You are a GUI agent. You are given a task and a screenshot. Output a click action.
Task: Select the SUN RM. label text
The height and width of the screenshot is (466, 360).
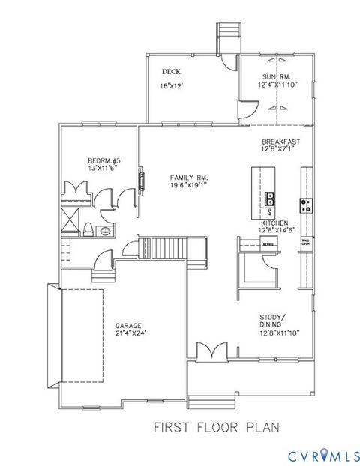click(x=277, y=77)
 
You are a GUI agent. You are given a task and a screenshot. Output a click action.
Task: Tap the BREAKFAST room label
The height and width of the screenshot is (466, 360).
click(x=280, y=142)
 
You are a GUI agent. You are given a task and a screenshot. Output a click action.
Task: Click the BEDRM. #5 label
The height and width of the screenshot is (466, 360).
click(x=102, y=162)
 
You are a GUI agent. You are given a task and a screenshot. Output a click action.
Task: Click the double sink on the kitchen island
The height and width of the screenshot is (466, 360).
click(x=268, y=199)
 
